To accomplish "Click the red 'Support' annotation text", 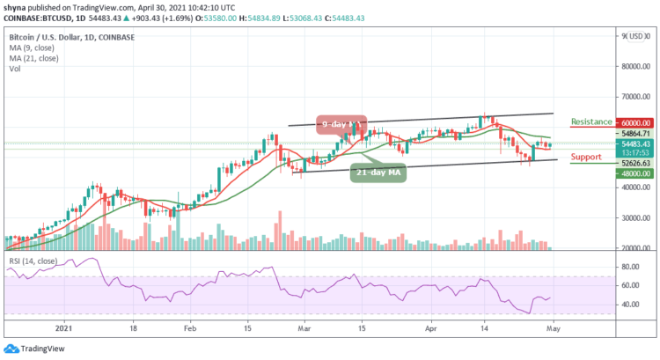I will (586, 158).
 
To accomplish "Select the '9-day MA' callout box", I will (338, 124).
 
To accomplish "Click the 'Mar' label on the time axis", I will (304, 325).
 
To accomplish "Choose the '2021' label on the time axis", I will (64, 325).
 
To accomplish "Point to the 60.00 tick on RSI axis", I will (627, 284).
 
